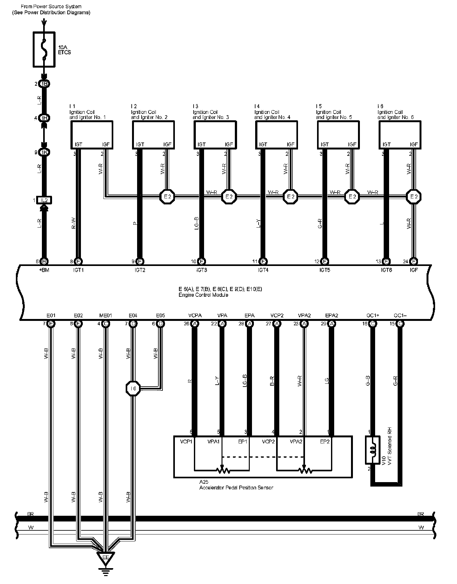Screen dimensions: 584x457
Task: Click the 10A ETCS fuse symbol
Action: (x=44, y=49)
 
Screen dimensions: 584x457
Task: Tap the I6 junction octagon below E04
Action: (x=133, y=388)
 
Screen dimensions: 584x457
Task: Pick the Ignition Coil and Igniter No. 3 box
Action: (x=215, y=135)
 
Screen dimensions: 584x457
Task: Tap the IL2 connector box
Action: (x=44, y=200)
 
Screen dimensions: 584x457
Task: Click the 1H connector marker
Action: (x=44, y=118)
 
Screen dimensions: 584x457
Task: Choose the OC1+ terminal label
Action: (x=373, y=315)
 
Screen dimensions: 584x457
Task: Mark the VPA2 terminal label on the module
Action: (x=304, y=315)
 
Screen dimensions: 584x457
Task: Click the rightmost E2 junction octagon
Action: (x=414, y=197)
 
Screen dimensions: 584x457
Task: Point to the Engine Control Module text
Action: (x=203, y=295)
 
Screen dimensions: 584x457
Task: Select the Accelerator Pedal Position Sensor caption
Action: (x=236, y=488)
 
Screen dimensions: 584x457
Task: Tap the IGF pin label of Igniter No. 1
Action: (x=106, y=144)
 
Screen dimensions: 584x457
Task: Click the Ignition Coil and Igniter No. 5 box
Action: (x=338, y=135)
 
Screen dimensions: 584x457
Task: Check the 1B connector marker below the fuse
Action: (x=44, y=84)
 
